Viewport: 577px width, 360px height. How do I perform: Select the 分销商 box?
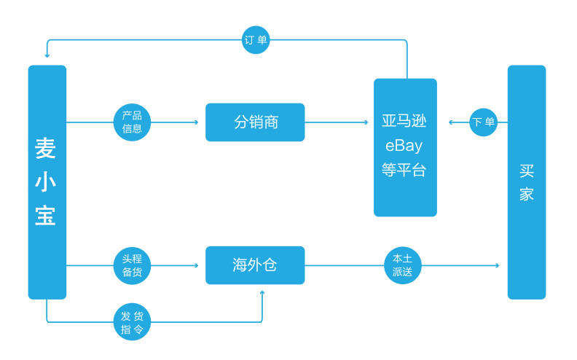(255, 122)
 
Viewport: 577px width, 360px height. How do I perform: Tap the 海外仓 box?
(255, 265)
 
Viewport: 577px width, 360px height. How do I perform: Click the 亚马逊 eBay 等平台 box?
(405, 147)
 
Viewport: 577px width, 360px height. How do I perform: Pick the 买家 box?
(526, 182)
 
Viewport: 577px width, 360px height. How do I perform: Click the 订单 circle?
(256, 40)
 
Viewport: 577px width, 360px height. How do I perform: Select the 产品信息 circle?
(132, 122)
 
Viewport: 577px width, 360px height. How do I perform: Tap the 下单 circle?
(483, 122)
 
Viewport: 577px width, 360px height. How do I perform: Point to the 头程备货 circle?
(132, 265)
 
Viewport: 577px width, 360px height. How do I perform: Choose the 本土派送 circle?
(402, 265)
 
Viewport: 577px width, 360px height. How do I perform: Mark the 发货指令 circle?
(132, 322)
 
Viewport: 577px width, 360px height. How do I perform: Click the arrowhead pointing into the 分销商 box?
(196, 122)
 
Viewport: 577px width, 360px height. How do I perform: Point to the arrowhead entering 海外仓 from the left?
(196, 265)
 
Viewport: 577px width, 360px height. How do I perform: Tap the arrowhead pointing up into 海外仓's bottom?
(262, 293)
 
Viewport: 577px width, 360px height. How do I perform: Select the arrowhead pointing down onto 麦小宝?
(47, 55)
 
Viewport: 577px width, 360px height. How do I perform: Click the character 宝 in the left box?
(46, 216)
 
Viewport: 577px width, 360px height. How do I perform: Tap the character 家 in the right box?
(526, 195)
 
